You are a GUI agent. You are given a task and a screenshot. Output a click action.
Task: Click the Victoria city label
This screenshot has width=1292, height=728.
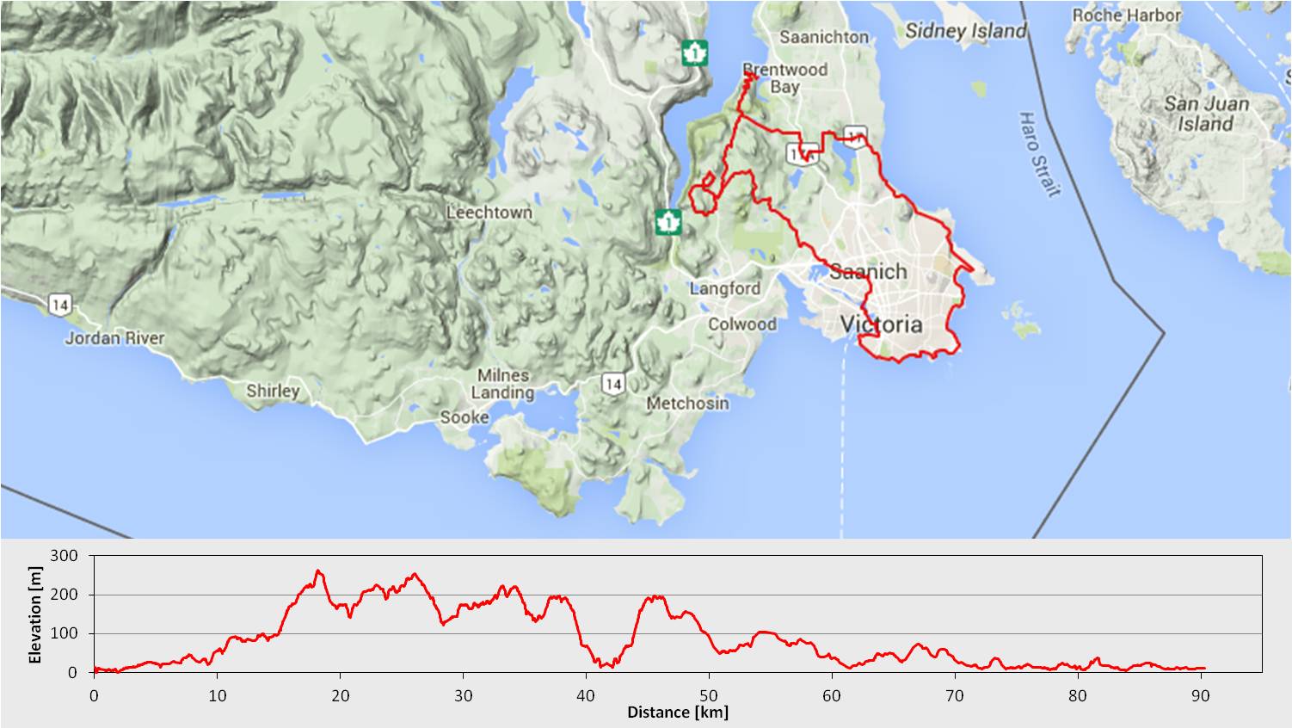(881, 324)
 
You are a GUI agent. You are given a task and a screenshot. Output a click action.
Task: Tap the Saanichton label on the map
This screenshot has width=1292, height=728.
(824, 37)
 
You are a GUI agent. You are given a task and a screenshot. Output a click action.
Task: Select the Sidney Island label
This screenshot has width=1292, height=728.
(966, 32)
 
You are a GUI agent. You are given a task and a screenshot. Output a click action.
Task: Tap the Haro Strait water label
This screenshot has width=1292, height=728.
(1038, 154)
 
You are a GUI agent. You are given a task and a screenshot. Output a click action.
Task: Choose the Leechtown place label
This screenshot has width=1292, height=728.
(489, 213)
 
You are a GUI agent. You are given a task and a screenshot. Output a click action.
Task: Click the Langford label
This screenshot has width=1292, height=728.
(724, 288)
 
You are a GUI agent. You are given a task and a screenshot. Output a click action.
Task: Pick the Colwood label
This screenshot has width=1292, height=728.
(741, 324)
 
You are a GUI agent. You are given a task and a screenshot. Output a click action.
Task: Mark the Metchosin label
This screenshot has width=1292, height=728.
(687, 403)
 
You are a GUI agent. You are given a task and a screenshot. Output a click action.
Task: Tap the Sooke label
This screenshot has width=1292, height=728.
(465, 417)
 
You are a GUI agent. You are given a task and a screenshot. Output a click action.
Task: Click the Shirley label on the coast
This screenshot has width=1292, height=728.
(273, 391)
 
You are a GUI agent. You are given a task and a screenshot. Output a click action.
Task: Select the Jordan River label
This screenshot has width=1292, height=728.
(115, 338)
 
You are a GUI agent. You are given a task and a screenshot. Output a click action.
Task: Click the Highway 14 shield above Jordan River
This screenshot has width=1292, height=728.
(59, 304)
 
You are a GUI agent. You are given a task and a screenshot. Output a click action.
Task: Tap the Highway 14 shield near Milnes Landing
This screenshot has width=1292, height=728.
(612, 384)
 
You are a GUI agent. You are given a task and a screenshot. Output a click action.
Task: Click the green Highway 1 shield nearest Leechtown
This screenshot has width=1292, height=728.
(668, 221)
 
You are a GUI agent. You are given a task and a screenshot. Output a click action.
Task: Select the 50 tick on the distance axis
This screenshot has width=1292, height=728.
(709, 695)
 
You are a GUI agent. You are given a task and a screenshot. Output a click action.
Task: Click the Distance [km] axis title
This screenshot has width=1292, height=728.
(677, 713)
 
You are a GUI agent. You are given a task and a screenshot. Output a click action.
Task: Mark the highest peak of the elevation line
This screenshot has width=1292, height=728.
(318, 571)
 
